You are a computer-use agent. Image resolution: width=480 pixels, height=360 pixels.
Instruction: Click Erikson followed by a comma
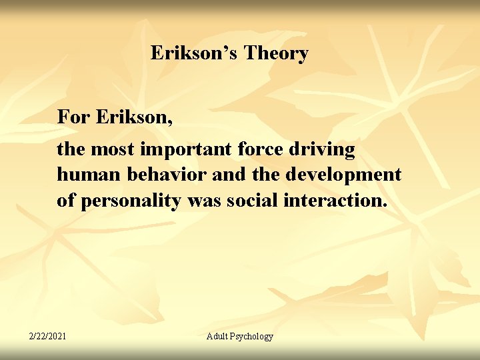point(135,117)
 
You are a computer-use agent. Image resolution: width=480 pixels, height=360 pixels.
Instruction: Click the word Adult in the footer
point(219,336)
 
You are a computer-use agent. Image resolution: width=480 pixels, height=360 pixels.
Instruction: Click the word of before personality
point(65,201)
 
